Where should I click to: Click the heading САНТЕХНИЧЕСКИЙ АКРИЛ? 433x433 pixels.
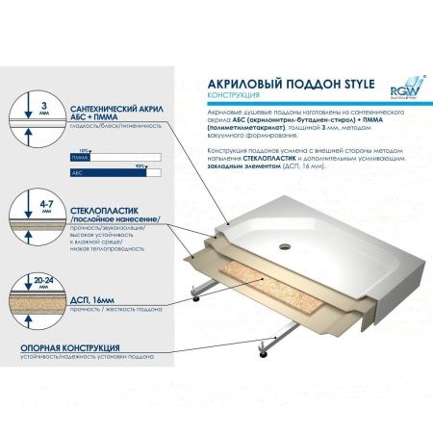(x=115, y=112)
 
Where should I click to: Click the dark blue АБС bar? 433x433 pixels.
(x=107, y=170)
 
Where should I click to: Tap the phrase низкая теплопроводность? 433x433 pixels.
(x=106, y=248)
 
